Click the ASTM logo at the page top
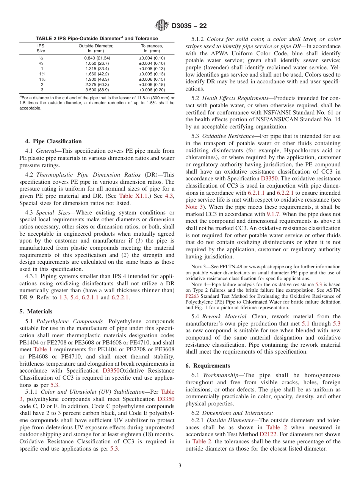point(162,26)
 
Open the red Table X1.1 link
point(131,196)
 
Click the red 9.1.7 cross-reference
point(273,214)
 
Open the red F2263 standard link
point(192,296)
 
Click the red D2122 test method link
point(268,435)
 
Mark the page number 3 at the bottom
point(180,465)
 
